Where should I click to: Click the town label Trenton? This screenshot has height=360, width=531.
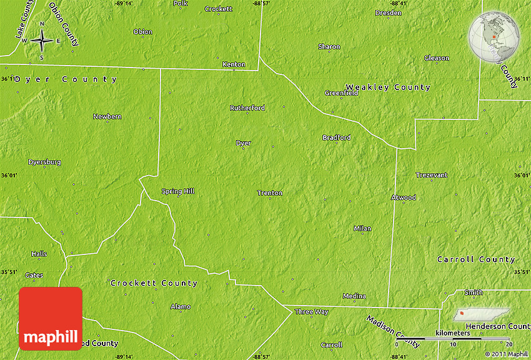click(x=270, y=193)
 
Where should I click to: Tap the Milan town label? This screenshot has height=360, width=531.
click(x=362, y=229)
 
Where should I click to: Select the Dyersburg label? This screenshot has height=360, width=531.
click(x=44, y=162)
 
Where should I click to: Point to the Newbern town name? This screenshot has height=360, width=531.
click(x=107, y=117)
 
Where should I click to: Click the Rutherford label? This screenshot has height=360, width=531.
click(x=247, y=108)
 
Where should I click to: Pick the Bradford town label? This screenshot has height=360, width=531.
click(x=336, y=137)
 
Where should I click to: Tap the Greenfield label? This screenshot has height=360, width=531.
click(x=341, y=93)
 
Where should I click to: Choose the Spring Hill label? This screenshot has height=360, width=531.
click(x=178, y=191)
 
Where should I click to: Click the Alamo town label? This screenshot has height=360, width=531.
click(x=181, y=307)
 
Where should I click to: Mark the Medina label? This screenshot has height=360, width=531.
click(x=354, y=296)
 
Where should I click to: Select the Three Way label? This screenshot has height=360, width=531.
click(x=311, y=312)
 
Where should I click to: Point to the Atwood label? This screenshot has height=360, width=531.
click(x=403, y=197)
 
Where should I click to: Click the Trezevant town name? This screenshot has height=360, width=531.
click(x=432, y=175)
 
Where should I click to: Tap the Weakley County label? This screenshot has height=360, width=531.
click(x=388, y=87)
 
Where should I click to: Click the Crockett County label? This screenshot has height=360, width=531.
click(x=154, y=283)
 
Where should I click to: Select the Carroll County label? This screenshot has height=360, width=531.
click(x=476, y=259)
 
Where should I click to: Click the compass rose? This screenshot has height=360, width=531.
click(x=42, y=41)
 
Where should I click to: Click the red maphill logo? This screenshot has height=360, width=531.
click(x=51, y=319)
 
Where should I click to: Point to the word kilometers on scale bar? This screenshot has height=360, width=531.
click(x=453, y=333)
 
